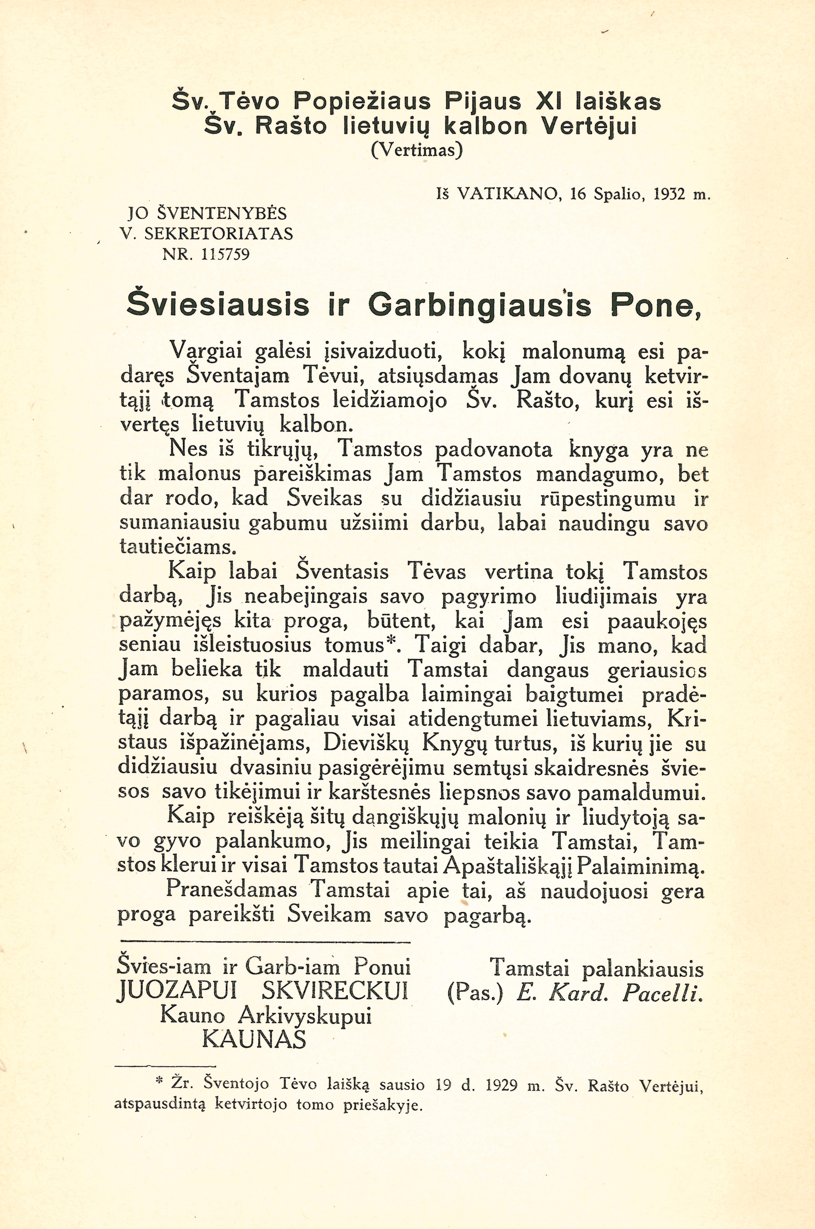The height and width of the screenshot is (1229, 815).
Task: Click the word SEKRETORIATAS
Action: [x=218, y=234]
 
